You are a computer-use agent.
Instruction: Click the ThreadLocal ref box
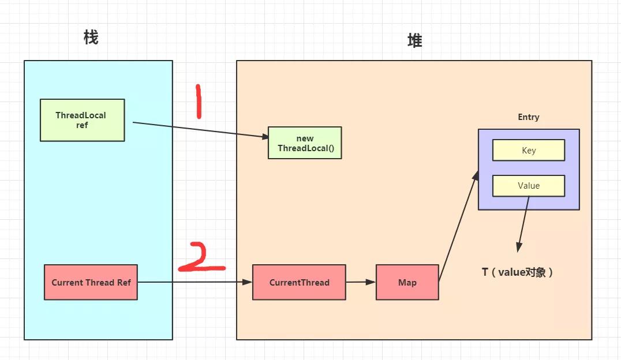82,120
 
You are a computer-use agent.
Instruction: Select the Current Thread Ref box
91,282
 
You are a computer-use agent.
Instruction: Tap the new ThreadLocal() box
305,142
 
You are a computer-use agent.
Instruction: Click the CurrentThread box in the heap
299,282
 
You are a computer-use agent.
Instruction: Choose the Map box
407,282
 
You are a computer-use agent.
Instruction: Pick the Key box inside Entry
528,150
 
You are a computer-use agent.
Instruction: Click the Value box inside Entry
528,185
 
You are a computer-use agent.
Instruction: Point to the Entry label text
528,117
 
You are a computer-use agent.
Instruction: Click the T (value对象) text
518,272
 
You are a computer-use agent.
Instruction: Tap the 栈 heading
91,37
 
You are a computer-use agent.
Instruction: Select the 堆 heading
414,40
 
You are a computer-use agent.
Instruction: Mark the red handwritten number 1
198,102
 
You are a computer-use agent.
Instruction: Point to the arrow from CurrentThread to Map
361,282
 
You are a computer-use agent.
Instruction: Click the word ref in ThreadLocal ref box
82,125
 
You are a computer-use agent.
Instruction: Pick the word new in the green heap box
305,138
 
